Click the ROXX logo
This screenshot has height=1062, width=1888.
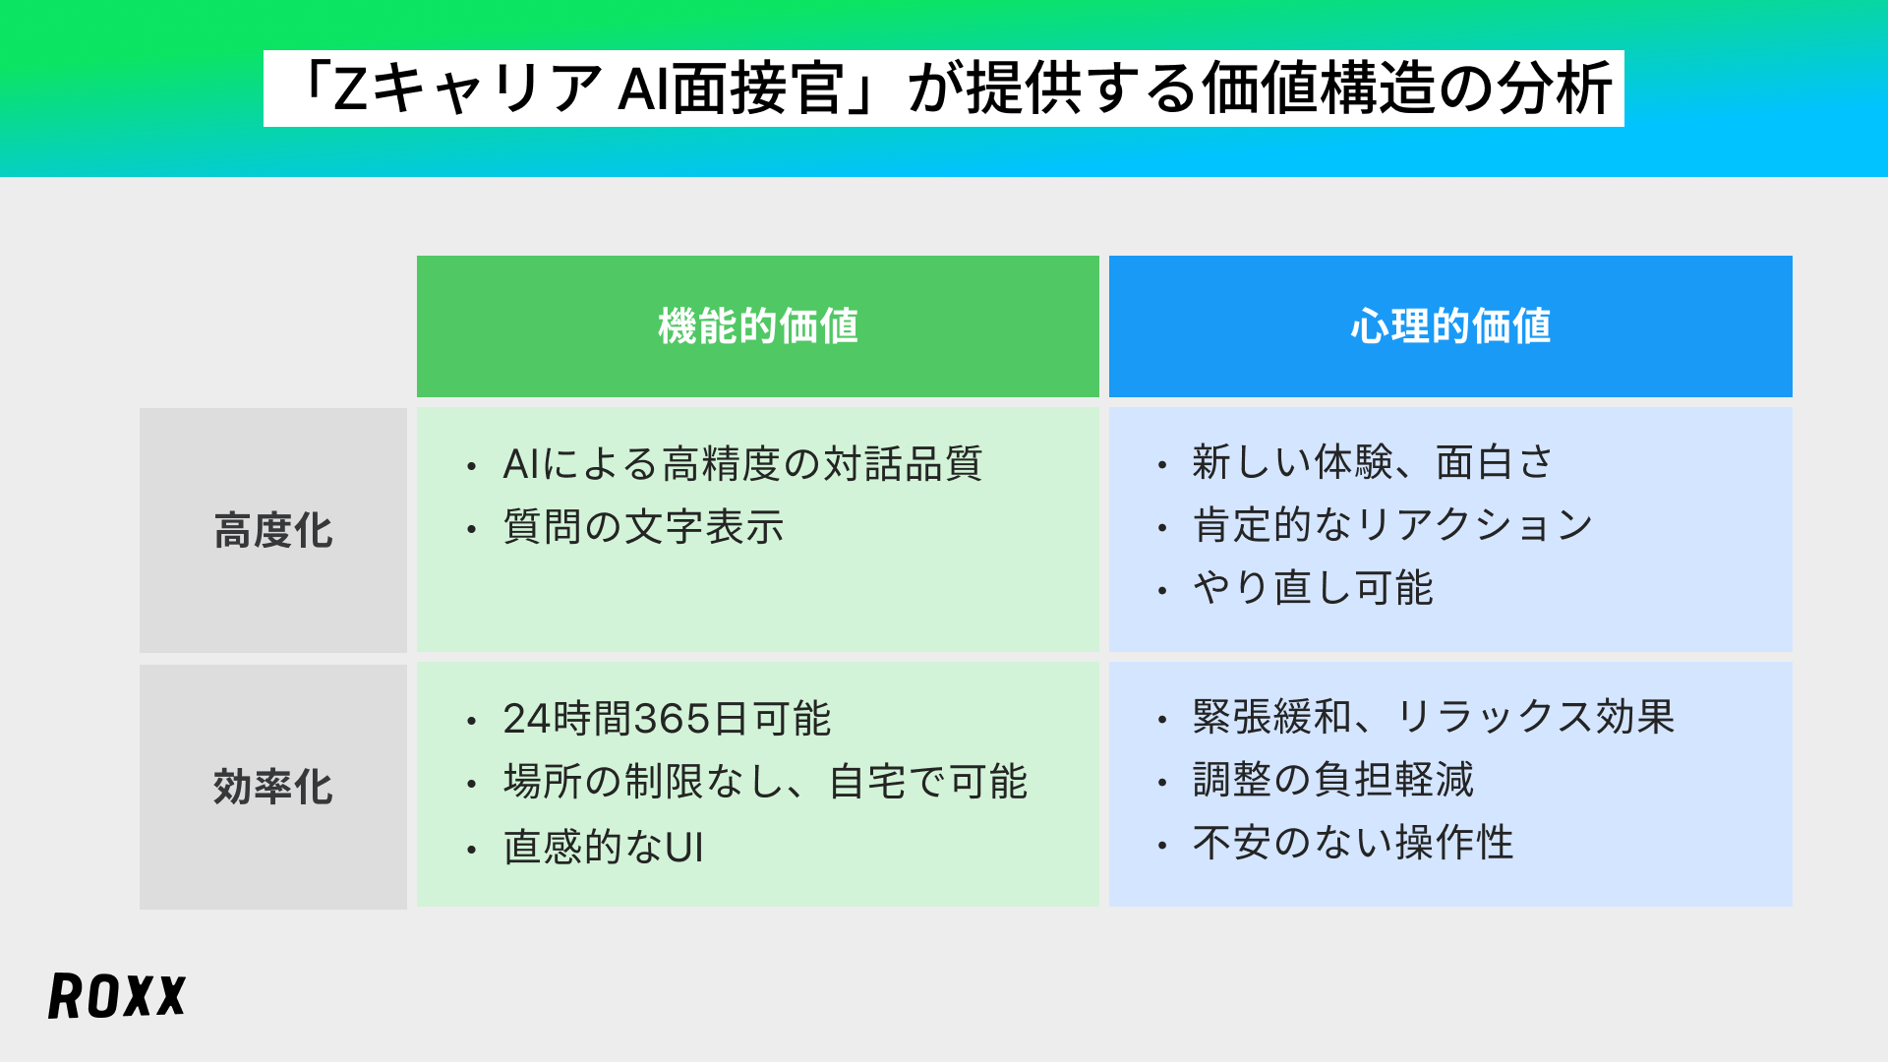[x=117, y=996]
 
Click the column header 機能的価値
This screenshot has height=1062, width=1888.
[x=757, y=326]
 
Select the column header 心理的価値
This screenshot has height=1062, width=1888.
[x=1450, y=326]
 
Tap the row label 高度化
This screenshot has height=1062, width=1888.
[x=273, y=531]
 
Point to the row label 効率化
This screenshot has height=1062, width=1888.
[x=273, y=787]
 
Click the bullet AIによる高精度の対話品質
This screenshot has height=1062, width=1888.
[x=742, y=464]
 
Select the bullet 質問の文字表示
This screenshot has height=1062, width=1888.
[x=643, y=527]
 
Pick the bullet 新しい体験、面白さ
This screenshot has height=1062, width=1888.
[x=1373, y=462]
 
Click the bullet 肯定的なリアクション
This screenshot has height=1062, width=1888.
[x=1392, y=525]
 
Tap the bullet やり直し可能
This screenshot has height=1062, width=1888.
[x=1313, y=588]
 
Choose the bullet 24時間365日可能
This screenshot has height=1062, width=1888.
[x=667, y=719]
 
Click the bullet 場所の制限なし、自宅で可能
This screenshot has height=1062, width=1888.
[x=765, y=783]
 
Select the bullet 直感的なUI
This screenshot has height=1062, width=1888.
[x=604, y=847]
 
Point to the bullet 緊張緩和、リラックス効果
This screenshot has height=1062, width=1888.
[x=1434, y=717]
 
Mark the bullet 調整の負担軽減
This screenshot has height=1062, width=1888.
[x=1333, y=780]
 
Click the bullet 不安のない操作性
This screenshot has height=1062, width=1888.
[x=1353, y=843]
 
